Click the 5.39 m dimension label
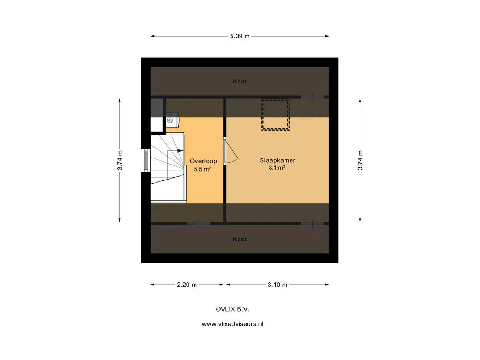tap(240, 36)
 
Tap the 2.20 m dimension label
tap(187, 285)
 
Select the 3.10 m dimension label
tap(277, 285)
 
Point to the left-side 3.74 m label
tap(120, 160)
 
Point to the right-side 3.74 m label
tap(360, 160)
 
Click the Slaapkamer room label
tap(277, 160)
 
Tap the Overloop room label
tap(203, 161)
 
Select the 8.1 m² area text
tap(277, 168)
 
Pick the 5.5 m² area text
tap(202, 169)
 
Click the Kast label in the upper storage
tap(240, 81)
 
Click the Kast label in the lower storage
tap(240, 239)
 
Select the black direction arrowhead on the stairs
tap(180, 150)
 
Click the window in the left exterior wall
tap(146, 160)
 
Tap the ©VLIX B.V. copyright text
tap(232, 309)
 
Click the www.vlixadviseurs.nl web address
tap(232, 324)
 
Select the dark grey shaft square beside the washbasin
tap(157, 108)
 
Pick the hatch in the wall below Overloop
tap(199, 224)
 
